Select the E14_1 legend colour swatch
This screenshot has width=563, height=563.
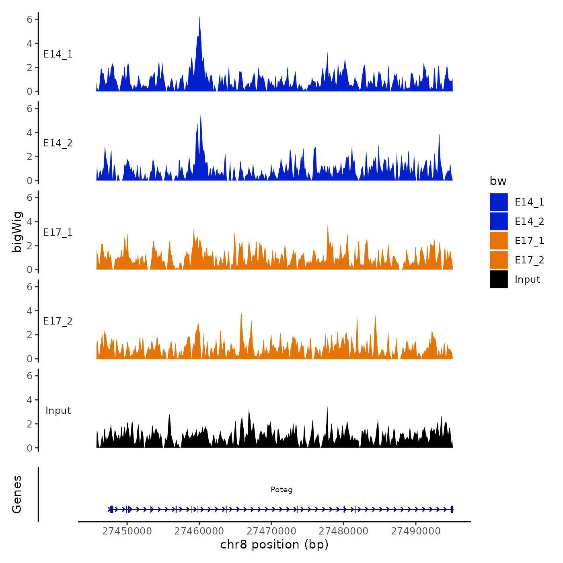pyautogui.click(x=499, y=202)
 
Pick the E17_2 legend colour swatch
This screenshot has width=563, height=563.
pyautogui.click(x=499, y=260)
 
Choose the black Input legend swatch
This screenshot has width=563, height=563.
pyautogui.click(x=499, y=279)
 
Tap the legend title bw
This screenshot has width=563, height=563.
pyautogui.click(x=498, y=181)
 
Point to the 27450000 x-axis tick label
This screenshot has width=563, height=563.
pyautogui.click(x=127, y=531)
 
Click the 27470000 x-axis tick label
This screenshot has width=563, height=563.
pyautogui.click(x=271, y=531)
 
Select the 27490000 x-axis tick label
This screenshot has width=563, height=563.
pyautogui.click(x=416, y=531)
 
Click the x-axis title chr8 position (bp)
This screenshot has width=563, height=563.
pyautogui.click(x=274, y=545)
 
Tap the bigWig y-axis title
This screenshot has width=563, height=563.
pyautogui.click(x=17, y=232)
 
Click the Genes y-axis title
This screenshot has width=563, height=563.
pyautogui.click(x=17, y=494)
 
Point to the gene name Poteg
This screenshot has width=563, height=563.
pyautogui.click(x=281, y=489)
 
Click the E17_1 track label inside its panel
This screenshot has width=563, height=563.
pyautogui.click(x=58, y=232)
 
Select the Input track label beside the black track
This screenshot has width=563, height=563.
pyautogui.click(x=58, y=410)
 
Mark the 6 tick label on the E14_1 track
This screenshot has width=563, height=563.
pyautogui.click(x=30, y=19)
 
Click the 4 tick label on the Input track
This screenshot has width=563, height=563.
pyautogui.click(x=30, y=400)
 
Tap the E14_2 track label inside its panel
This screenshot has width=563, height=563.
pyautogui.click(x=58, y=143)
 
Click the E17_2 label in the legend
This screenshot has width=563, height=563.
pyautogui.click(x=529, y=260)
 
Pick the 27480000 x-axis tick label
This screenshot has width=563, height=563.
pyautogui.click(x=343, y=531)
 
